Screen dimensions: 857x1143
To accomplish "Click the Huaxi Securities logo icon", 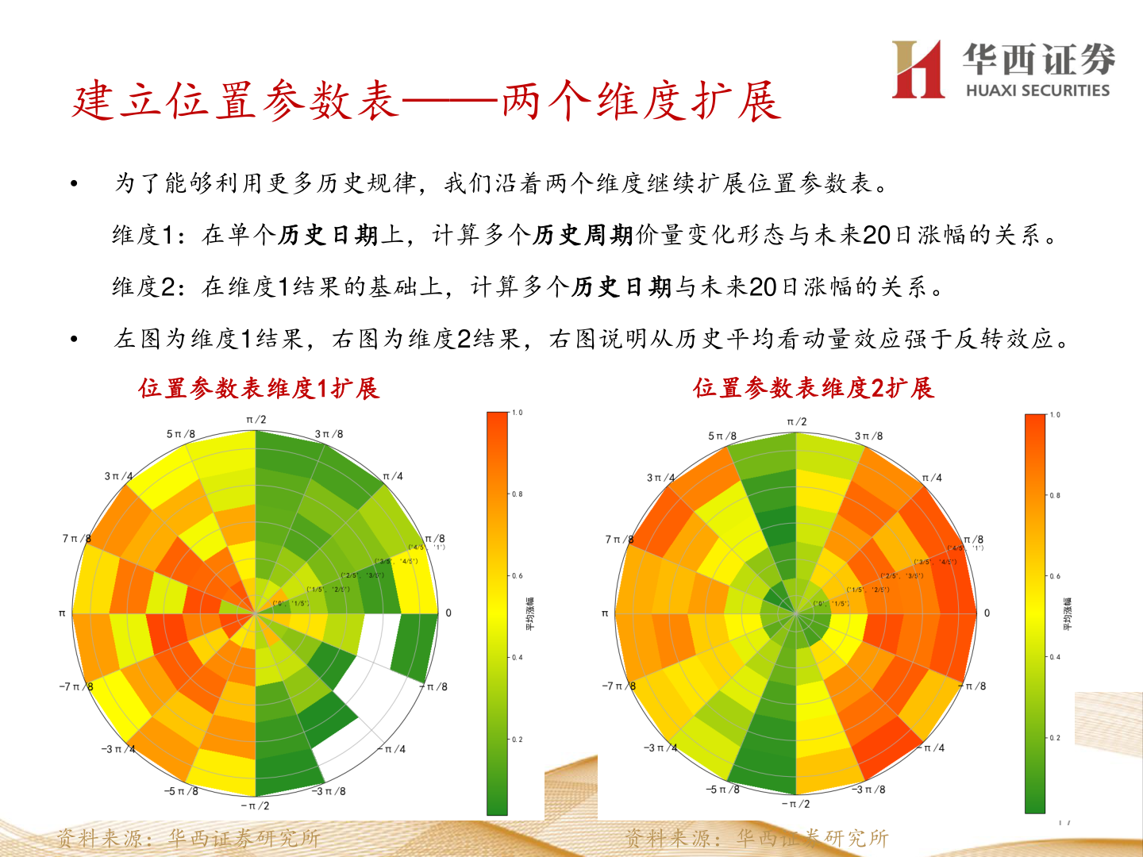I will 918,70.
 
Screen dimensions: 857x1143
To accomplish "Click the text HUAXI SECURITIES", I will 1037,90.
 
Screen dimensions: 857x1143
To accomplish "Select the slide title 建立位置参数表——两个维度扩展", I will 426,102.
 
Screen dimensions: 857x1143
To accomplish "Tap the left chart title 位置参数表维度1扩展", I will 259,388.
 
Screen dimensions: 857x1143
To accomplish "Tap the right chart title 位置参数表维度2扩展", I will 814,388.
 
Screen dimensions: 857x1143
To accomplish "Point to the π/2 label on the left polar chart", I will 256,420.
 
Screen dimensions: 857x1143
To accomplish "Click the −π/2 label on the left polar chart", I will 255,805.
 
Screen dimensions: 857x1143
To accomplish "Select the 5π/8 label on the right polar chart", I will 722,436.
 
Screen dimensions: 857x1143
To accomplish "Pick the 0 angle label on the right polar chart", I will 987,613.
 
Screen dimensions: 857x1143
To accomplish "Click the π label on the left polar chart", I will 62,613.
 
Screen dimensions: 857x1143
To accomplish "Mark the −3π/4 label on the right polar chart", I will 660,747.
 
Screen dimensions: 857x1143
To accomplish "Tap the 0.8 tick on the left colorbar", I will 518,494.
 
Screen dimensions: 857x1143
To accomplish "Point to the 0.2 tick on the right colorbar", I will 1055,738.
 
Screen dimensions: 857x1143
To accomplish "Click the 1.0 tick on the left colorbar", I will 518,413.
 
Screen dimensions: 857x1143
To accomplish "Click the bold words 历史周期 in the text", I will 583,235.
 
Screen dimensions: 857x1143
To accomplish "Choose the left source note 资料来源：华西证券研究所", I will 188,838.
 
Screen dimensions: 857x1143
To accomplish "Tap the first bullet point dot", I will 74,184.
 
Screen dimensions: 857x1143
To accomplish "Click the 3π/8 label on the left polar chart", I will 329,434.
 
